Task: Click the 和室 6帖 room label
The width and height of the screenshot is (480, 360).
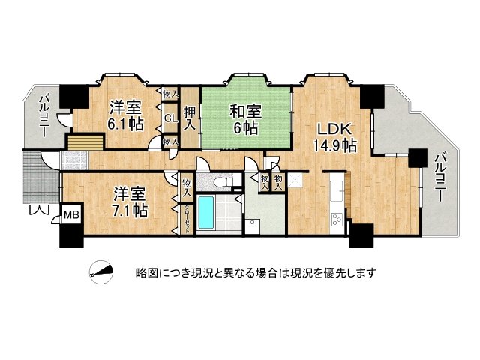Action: pyautogui.click(x=245, y=119)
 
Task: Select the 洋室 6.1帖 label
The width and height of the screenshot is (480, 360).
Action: pyautogui.click(x=123, y=115)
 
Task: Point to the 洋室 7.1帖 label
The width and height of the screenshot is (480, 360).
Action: pyautogui.click(x=130, y=201)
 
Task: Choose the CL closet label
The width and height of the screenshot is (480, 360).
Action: pyautogui.click(x=170, y=118)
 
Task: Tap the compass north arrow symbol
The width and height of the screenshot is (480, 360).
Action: pyautogui.click(x=101, y=273)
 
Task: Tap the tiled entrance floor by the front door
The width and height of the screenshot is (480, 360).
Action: pyautogui.click(x=75, y=158)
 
